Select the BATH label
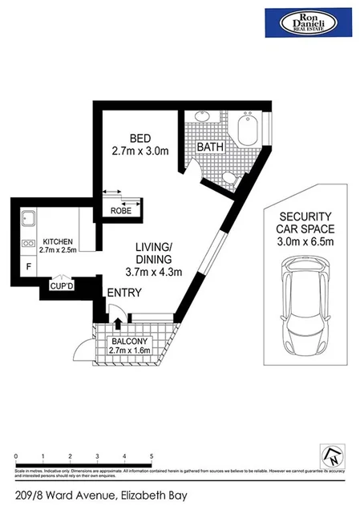(x=210, y=148)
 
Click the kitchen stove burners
(x=28, y=243)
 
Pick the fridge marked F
(x=29, y=265)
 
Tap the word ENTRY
(x=123, y=293)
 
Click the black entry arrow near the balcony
(x=118, y=322)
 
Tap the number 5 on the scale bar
(x=151, y=455)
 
